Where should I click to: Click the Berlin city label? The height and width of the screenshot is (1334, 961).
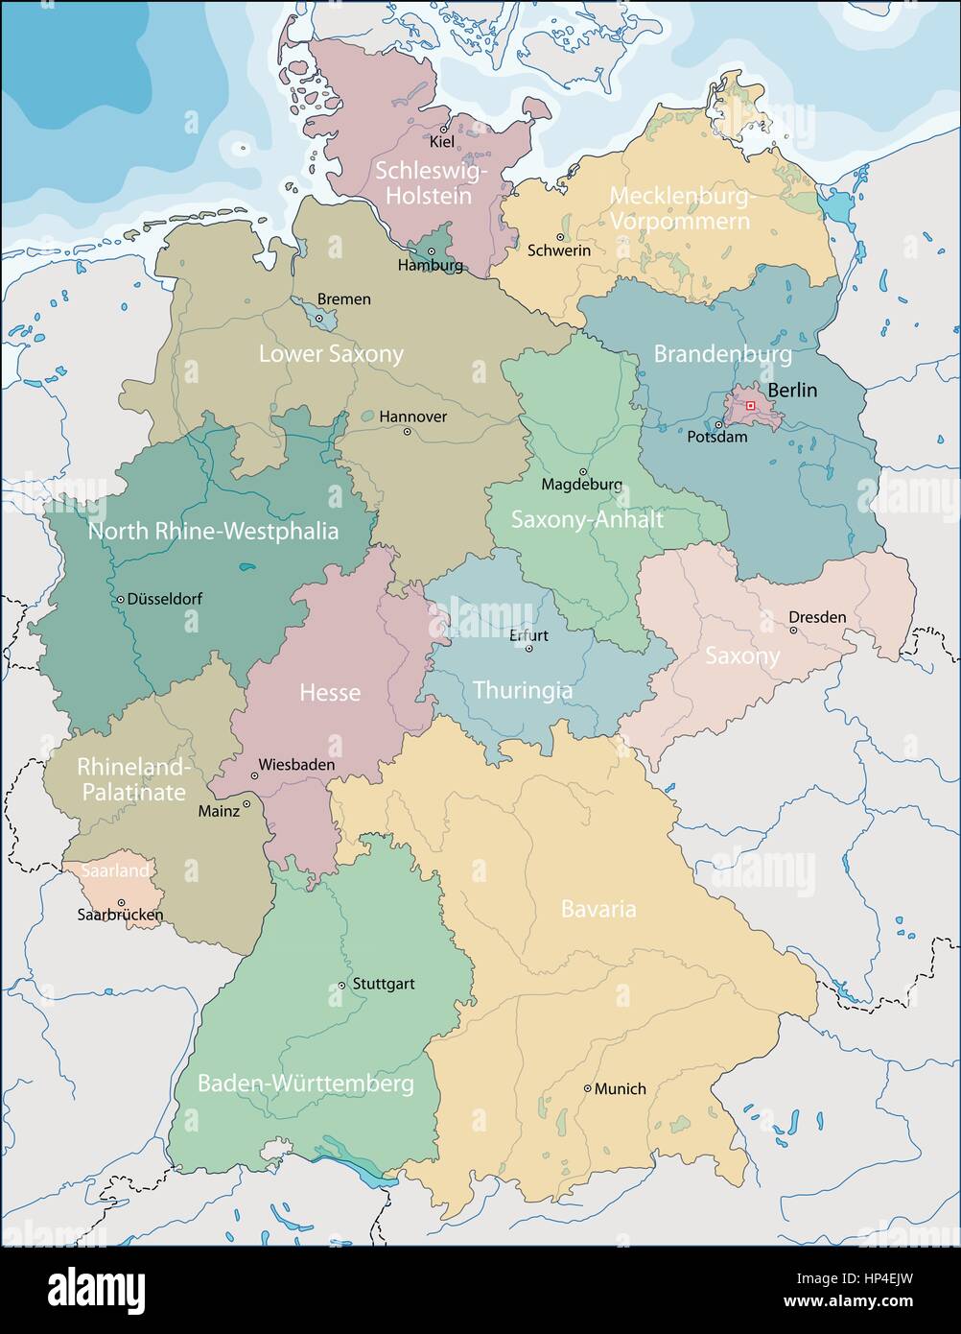pyautogui.click(x=792, y=390)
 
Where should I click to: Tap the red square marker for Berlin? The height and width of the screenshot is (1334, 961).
pyautogui.click(x=750, y=407)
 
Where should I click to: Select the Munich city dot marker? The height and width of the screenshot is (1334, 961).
pyautogui.click(x=588, y=1088)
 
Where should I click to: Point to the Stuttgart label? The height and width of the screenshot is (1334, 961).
pyautogui.click(x=384, y=984)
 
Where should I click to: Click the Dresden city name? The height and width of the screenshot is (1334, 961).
pyautogui.click(x=817, y=617)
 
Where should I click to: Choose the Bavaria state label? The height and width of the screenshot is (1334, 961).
pyautogui.click(x=598, y=908)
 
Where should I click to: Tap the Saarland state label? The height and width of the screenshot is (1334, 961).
pyautogui.click(x=115, y=870)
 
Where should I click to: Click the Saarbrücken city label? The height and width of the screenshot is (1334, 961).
pyautogui.click(x=120, y=915)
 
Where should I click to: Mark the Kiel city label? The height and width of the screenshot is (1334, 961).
pyautogui.click(x=442, y=142)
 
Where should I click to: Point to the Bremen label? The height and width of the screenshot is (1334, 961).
pyautogui.click(x=343, y=299)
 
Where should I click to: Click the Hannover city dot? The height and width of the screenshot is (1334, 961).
pyautogui.click(x=407, y=432)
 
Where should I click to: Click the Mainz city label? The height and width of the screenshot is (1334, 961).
pyautogui.click(x=219, y=811)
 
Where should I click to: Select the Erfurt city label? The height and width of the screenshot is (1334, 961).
pyautogui.click(x=528, y=635)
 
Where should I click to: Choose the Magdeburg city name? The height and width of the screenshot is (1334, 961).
pyautogui.click(x=581, y=485)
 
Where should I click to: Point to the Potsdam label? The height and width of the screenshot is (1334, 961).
pyautogui.click(x=717, y=437)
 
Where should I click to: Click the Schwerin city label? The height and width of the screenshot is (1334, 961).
pyautogui.click(x=559, y=250)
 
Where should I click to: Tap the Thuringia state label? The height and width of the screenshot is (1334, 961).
pyautogui.click(x=523, y=690)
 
